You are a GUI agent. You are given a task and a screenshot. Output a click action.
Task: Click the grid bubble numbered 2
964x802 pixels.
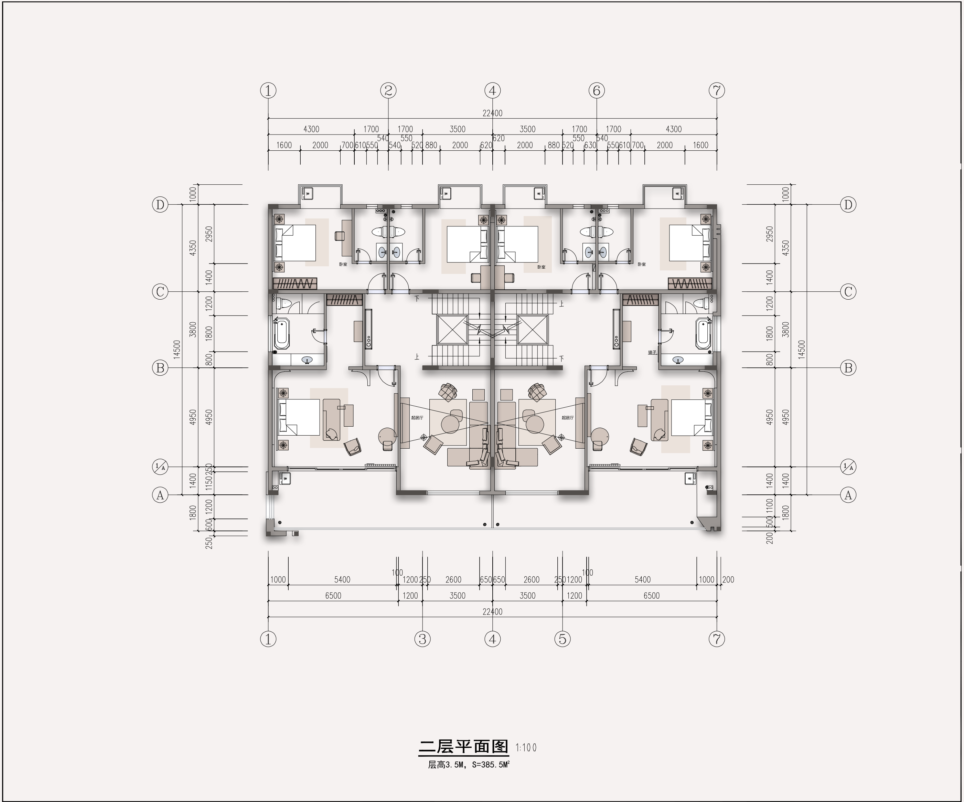click(388, 90)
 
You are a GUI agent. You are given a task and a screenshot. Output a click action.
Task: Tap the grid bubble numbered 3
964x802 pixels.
click(422, 639)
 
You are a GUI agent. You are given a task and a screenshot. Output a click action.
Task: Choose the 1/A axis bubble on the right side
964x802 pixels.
click(848, 467)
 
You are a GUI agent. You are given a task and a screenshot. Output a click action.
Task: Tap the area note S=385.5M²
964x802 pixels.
click(491, 765)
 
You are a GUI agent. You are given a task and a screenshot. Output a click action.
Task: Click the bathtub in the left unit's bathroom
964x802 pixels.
click(282, 334)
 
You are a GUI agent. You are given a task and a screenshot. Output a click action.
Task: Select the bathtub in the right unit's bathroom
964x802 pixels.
click(702, 334)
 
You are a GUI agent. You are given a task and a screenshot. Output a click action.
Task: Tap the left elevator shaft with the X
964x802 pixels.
click(452, 329)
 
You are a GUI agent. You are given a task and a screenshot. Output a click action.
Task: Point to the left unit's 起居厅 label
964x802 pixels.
click(417, 418)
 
